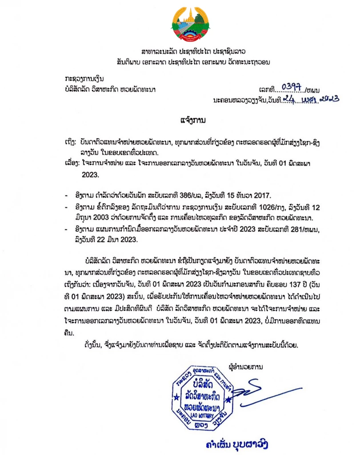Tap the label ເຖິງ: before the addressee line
tap(71, 141)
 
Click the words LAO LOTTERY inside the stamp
tap(199, 415)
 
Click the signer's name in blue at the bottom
tap(235, 444)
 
